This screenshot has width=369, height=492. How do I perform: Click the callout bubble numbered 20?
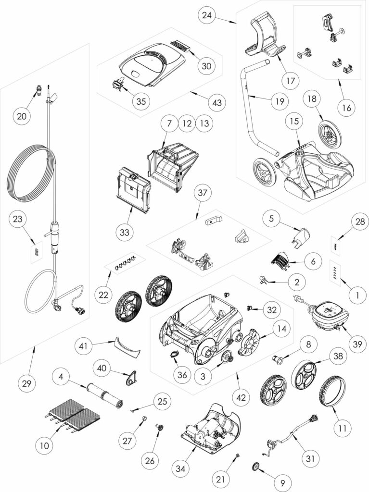22,116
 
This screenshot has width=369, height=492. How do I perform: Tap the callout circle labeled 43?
217,102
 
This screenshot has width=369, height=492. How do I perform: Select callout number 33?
125,233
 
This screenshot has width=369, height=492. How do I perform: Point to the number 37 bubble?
203,192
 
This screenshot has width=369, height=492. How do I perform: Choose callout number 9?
282,483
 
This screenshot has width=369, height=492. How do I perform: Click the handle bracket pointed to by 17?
266,36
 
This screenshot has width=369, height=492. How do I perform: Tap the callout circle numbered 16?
347,108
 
